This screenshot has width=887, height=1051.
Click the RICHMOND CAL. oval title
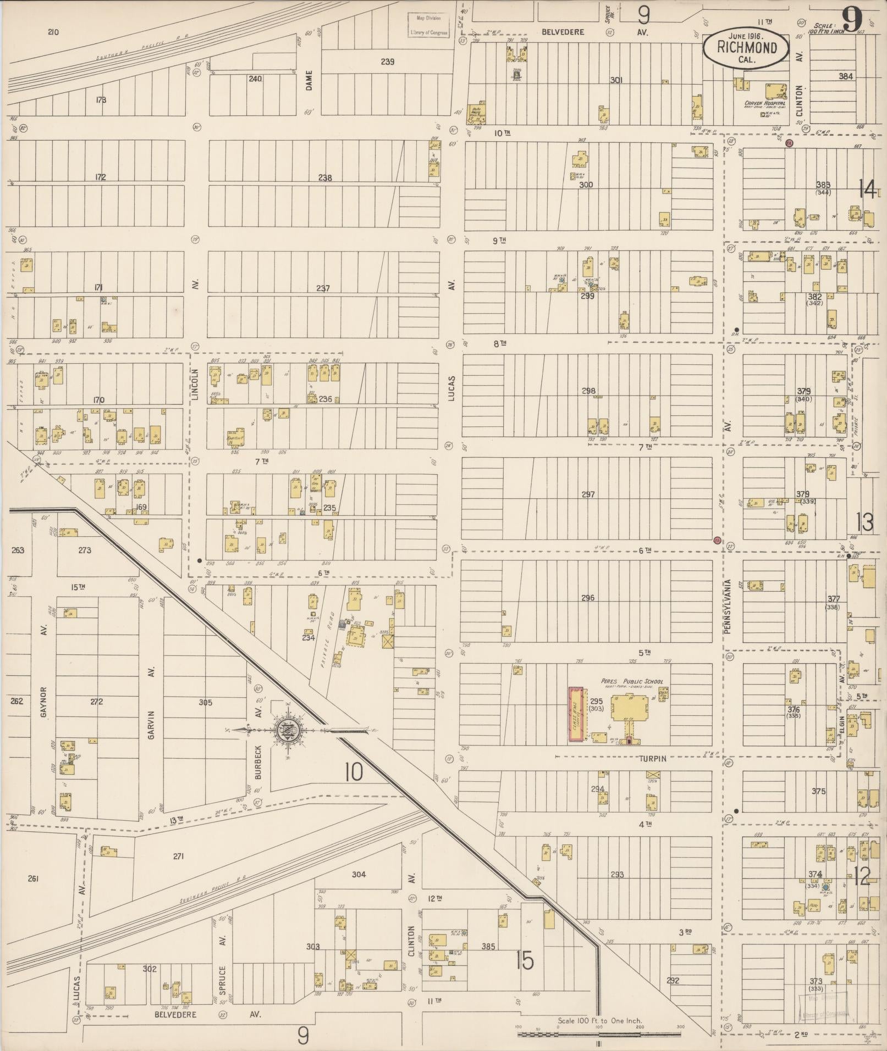[746, 49]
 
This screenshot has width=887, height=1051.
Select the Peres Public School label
[631, 681]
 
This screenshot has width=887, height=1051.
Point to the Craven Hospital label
[764, 103]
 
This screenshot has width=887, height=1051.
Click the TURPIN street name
[652, 758]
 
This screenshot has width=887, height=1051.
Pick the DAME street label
[308, 80]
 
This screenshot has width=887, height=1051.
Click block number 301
[616, 80]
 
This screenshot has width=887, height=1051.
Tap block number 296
[587, 598]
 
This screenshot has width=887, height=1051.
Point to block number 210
[53, 32]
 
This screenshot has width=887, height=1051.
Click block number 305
[205, 702]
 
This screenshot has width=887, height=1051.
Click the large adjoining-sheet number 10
[354, 772]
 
